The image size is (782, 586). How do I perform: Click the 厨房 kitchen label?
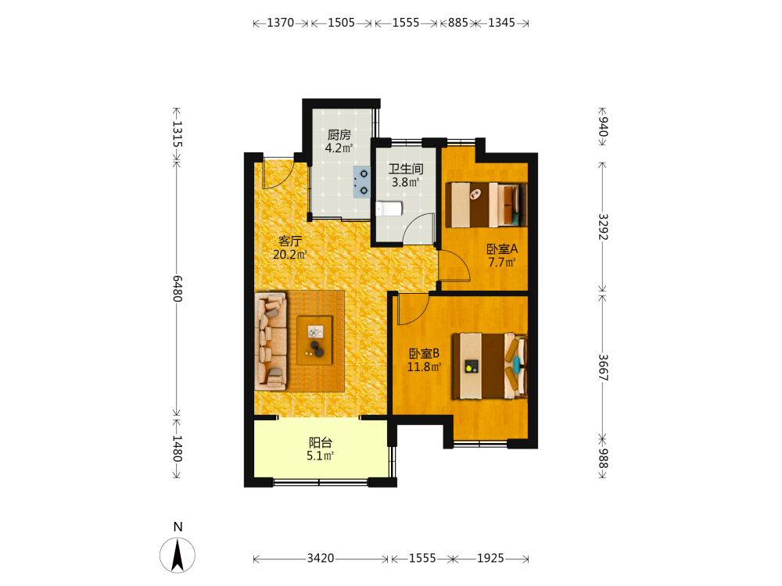[x=339, y=134]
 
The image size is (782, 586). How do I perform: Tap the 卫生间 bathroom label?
[x=405, y=169]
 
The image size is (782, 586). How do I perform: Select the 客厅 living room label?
[x=290, y=241]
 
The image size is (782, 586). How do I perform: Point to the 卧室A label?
[x=502, y=248]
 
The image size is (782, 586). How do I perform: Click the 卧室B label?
[x=424, y=354]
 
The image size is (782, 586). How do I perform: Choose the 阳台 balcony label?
[x=320, y=442]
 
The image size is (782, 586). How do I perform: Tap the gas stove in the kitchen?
[x=361, y=182]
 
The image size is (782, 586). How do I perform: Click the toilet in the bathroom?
[x=389, y=209]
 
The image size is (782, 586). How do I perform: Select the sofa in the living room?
[x=271, y=341]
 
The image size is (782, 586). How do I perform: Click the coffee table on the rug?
[x=314, y=341]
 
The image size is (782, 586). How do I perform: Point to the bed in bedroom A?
[x=486, y=205]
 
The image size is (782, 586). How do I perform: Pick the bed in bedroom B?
[x=490, y=366]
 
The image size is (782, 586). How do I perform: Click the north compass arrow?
[x=178, y=556]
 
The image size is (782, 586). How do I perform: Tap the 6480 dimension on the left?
[x=177, y=288]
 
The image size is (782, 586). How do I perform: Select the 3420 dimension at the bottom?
[x=320, y=558]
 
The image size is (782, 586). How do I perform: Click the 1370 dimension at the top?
[x=280, y=23]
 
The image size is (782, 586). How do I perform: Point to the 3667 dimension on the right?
[x=603, y=367]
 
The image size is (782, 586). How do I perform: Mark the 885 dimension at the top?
[x=457, y=23]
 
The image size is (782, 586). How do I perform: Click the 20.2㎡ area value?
[x=290, y=255]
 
